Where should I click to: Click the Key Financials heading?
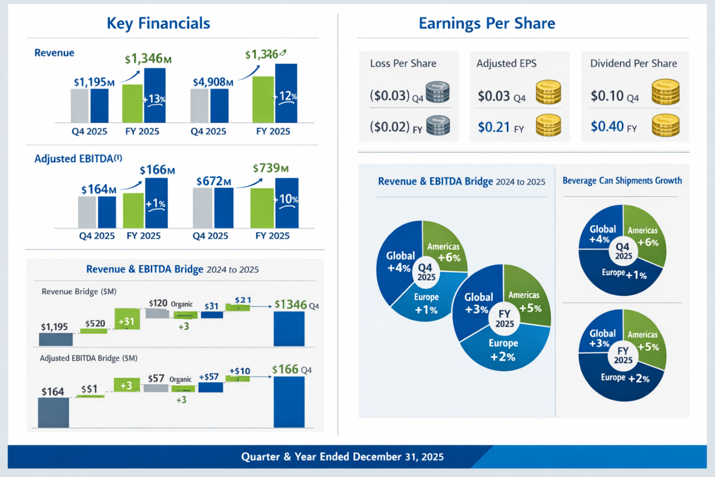[158, 23]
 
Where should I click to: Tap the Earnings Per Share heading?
[486, 23]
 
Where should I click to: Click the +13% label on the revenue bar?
[154, 99]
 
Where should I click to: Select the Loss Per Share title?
[403, 63]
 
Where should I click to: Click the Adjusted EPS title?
[506, 63]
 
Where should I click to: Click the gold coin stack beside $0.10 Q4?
[666, 92]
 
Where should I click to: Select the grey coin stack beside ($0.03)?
[438, 93]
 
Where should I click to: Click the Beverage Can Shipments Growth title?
[622, 181]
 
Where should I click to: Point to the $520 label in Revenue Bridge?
[95, 323]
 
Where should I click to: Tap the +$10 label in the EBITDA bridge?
[239, 371]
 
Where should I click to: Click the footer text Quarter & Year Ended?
[342, 457]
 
